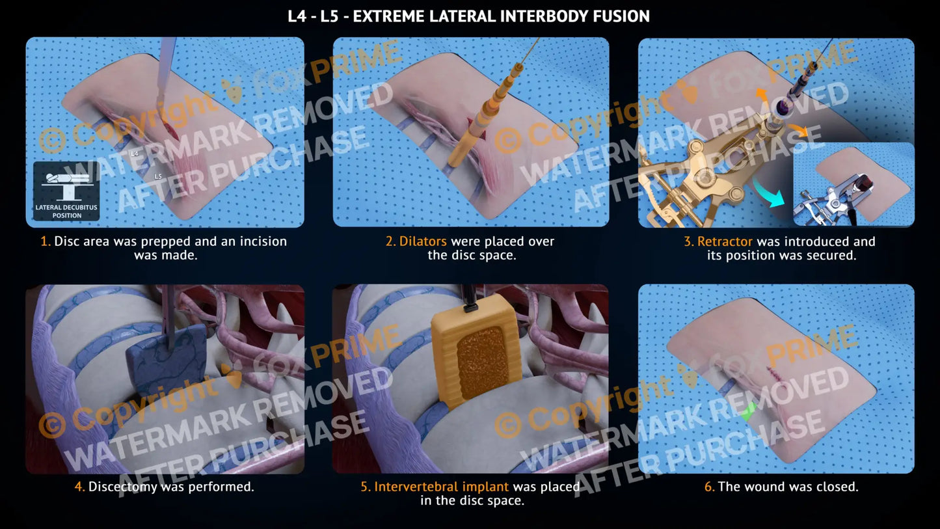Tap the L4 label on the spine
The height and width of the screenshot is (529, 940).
click(x=134, y=154)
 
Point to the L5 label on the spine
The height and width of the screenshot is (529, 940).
click(x=158, y=176)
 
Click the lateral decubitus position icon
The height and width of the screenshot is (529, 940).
click(x=67, y=191)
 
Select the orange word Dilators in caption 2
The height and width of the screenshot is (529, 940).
click(x=423, y=241)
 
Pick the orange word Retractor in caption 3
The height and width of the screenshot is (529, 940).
click(x=725, y=241)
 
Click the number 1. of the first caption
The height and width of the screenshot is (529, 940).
click(x=46, y=241)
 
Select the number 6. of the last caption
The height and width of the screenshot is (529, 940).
click(x=709, y=487)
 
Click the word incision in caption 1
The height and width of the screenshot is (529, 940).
click(x=263, y=241)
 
